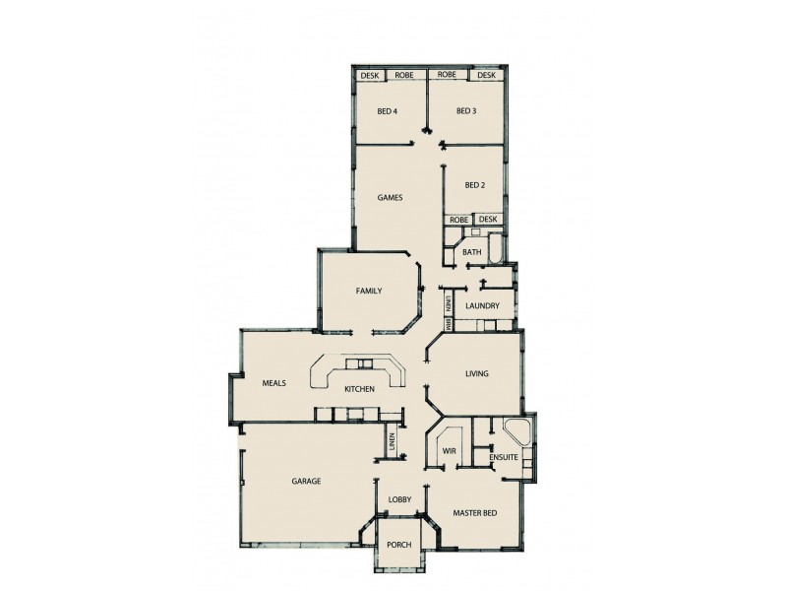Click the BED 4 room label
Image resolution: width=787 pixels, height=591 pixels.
click(x=387, y=111)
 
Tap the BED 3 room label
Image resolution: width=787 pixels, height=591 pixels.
click(x=466, y=111)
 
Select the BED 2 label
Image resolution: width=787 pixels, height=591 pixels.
click(x=475, y=185)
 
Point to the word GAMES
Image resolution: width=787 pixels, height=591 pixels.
click(x=391, y=197)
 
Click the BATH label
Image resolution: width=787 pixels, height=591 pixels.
click(x=472, y=253)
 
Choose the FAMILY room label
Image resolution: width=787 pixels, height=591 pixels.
click(x=368, y=291)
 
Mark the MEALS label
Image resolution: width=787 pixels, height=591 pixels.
click(x=273, y=383)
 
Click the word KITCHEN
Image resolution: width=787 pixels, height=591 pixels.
click(x=359, y=390)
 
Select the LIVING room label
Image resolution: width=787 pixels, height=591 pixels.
click(x=477, y=373)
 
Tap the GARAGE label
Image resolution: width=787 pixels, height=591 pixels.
click(x=306, y=481)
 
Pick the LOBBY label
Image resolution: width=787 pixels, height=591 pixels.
click(x=399, y=500)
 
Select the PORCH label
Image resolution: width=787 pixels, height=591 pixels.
click(x=398, y=546)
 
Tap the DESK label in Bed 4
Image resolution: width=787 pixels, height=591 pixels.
click(x=370, y=76)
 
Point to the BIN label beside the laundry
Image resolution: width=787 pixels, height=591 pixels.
click(x=448, y=322)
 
